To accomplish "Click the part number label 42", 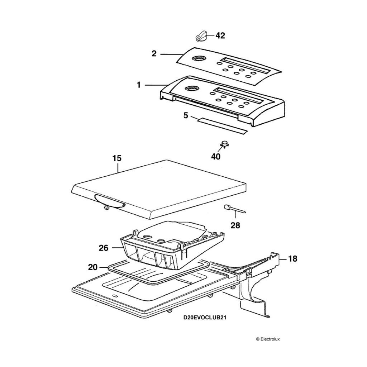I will click(x=220, y=35).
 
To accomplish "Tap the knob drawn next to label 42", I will click(x=202, y=36).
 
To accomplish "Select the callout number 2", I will click(x=154, y=54).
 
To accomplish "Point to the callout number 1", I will click(x=138, y=85).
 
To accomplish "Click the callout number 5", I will click(x=186, y=115).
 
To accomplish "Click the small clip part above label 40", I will click(x=224, y=144).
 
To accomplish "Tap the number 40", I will click(x=216, y=157).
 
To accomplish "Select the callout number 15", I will click(x=117, y=158).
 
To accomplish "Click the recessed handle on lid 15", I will click(x=109, y=201).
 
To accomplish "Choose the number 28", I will click(x=235, y=225).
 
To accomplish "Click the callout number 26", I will click(x=104, y=248).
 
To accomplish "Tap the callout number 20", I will click(x=93, y=267).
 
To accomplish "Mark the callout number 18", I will click(x=292, y=258).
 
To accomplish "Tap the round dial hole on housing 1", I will click(x=190, y=88).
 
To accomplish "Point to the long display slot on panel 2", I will click(x=244, y=65).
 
